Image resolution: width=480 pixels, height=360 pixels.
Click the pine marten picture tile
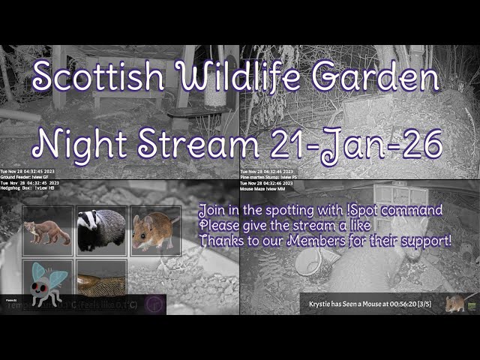click(47, 231)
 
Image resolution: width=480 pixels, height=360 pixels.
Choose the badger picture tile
click(101, 229)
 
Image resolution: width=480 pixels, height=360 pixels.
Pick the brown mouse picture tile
click(154, 230)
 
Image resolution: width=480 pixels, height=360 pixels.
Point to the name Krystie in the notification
click(325, 304)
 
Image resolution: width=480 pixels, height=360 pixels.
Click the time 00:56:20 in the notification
click(400, 304)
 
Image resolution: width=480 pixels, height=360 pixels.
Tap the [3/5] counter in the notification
click(430, 304)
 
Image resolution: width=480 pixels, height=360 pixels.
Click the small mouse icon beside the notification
click(454, 303)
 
